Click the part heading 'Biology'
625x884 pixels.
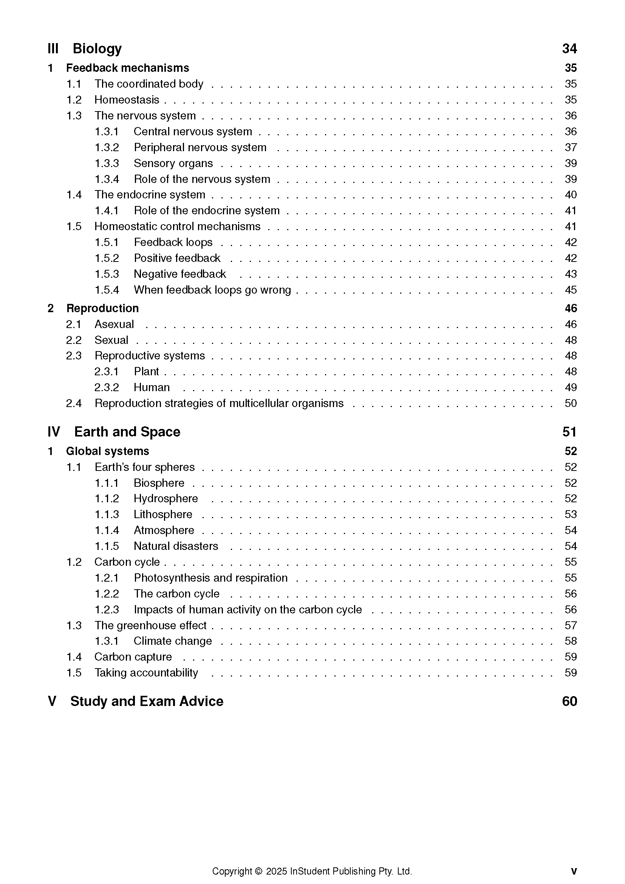(x=97, y=48)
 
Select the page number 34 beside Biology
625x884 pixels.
(x=569, y=48)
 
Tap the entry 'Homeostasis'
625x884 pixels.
(x=127, y=100)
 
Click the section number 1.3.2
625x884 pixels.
(x=107, y=147)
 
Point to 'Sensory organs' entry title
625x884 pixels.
(x=173, y=163)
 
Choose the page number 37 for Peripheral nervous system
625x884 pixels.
(x=570, y=147)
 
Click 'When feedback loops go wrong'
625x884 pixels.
(x=212, y=290)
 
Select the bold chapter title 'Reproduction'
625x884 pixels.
(x=102, y=308)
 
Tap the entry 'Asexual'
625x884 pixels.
(x=114, y=324)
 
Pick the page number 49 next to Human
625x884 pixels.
(x=570, y=387)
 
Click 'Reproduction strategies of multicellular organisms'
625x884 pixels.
(x=219, y=403)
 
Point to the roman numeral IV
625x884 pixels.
(x=54, y=432)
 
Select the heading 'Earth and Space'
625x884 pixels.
(x=127, y=432)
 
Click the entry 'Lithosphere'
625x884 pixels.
(x=163, y=514)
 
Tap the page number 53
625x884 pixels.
(x=570, y=514)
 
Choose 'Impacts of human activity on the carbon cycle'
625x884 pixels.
(x=248, y=610)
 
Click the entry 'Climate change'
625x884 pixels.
(x=173, y=641)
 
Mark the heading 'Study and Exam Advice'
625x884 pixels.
(x=147, y=701)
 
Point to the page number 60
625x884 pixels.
(x=569, y=701)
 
